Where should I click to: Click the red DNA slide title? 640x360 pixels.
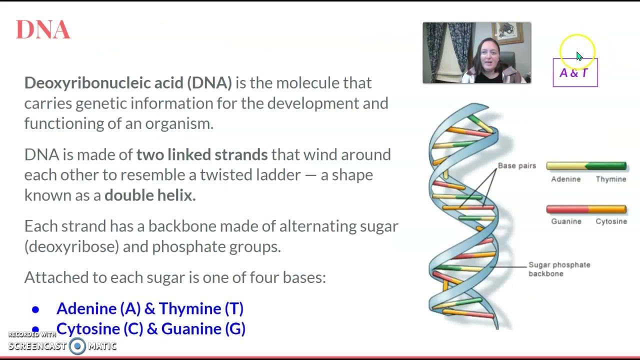pos(43,30)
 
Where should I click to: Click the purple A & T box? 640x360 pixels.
pos(575,73)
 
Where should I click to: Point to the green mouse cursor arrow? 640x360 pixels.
pos(579,56)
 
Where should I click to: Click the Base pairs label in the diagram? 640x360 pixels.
pos(516,165)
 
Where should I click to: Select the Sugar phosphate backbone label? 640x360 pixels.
pos(559,269)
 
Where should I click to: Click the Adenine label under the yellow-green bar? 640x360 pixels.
pos(565,179)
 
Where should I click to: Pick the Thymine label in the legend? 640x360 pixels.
pos(610,179)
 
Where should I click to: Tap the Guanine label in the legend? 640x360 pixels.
pos(565,221)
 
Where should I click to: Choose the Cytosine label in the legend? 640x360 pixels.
pos(611,221)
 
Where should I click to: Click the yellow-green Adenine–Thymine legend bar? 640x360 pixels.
pos(586,166)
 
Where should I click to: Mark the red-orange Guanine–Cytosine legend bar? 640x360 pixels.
pos(586,209)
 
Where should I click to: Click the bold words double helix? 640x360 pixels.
pos(149,195)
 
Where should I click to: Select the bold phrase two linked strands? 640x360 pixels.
pos(202,154)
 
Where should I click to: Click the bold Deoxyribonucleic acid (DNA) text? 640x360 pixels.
pos(128,82)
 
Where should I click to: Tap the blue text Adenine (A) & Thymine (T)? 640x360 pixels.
pos(149,308)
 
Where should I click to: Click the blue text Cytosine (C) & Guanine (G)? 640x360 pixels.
pos(150,328)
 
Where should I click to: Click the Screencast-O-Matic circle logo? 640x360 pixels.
pos(77,346)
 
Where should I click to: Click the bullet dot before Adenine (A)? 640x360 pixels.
pos(35,309)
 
